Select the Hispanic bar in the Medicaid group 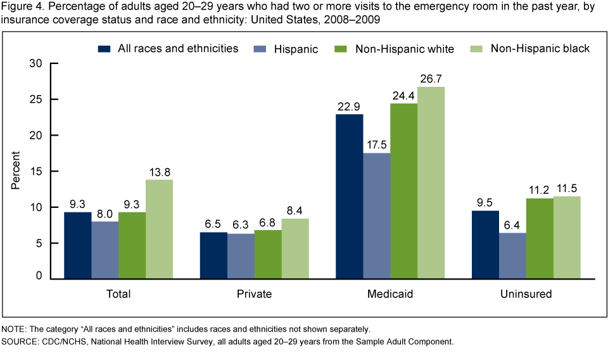376,215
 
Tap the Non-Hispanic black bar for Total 159,229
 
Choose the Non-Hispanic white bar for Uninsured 539,238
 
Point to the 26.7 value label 431,80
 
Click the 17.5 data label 376,146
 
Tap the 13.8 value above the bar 159,172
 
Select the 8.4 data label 295,211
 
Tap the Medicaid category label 389,294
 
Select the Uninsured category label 525,294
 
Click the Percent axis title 17,171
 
